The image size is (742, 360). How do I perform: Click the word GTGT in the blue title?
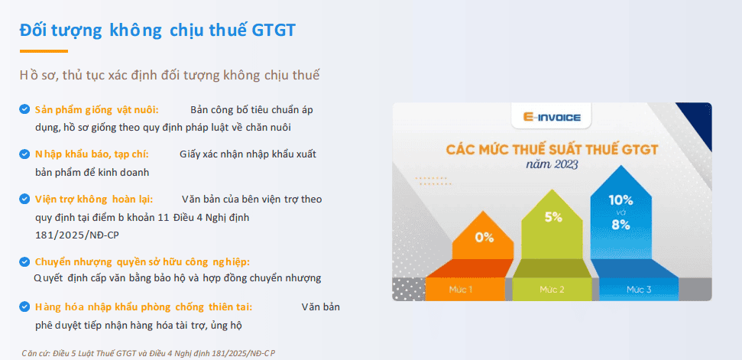click(x=274, y=30)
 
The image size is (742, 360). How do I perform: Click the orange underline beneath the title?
click(x=44, y=51)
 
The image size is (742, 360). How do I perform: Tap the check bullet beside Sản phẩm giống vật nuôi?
click(x=24, y=109)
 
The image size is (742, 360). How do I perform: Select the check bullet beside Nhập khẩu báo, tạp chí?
click(x=24, y=154)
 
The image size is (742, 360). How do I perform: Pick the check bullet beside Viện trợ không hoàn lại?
click(x=24, y=199)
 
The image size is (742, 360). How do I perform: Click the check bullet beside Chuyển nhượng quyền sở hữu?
click(x=24, y=261)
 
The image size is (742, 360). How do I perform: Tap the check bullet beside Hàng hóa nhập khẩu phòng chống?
click(x=24, y=307)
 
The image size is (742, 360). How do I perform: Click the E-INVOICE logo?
click(x=551, y=117)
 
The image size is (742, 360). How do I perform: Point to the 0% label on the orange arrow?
click(x=484, y=238)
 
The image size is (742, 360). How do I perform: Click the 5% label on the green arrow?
click(x=553, y=217)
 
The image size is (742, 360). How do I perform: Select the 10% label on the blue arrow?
click(x=620, y=200)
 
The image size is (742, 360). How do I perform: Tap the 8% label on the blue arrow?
click(x=620, y=225)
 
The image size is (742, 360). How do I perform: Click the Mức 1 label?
click(x=461, y=289)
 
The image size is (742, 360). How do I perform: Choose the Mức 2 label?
click(x=552, y=289)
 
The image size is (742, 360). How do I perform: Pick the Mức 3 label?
click(x=639, y=289)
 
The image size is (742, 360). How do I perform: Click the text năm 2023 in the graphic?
click(x=552, y=166)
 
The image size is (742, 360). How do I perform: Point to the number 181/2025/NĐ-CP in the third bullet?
click(x=77, y=235)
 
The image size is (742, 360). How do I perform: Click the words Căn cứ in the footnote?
click(x=35, y=353)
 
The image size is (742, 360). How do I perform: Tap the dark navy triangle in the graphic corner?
click(x=698, y=120)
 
